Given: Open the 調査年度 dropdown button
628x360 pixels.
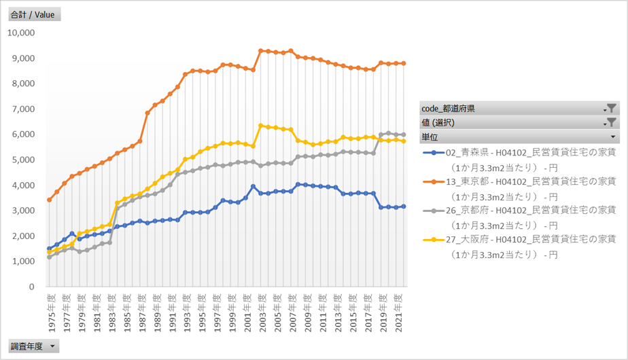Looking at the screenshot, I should pyautogui.click(x=33, y=346).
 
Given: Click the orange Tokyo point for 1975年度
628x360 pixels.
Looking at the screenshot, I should pyautogui.click(x=49, y=200).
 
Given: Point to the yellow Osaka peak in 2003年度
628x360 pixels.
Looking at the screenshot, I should pyautogui.click(x=260, y=126).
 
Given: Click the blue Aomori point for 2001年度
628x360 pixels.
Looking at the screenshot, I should pyautogui.click(x=253, y=186).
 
